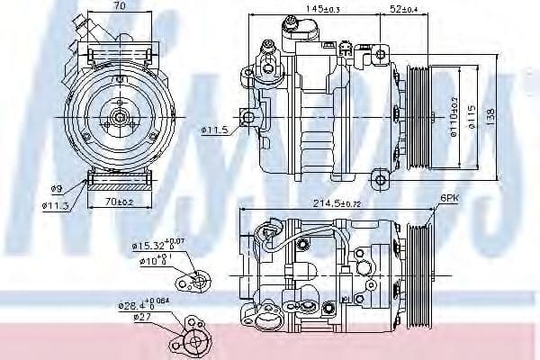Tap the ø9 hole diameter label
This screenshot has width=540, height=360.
pyautogui.click(x=57, y=189)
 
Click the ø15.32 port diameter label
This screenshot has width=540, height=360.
pyautogui.click(x=153, y=244)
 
